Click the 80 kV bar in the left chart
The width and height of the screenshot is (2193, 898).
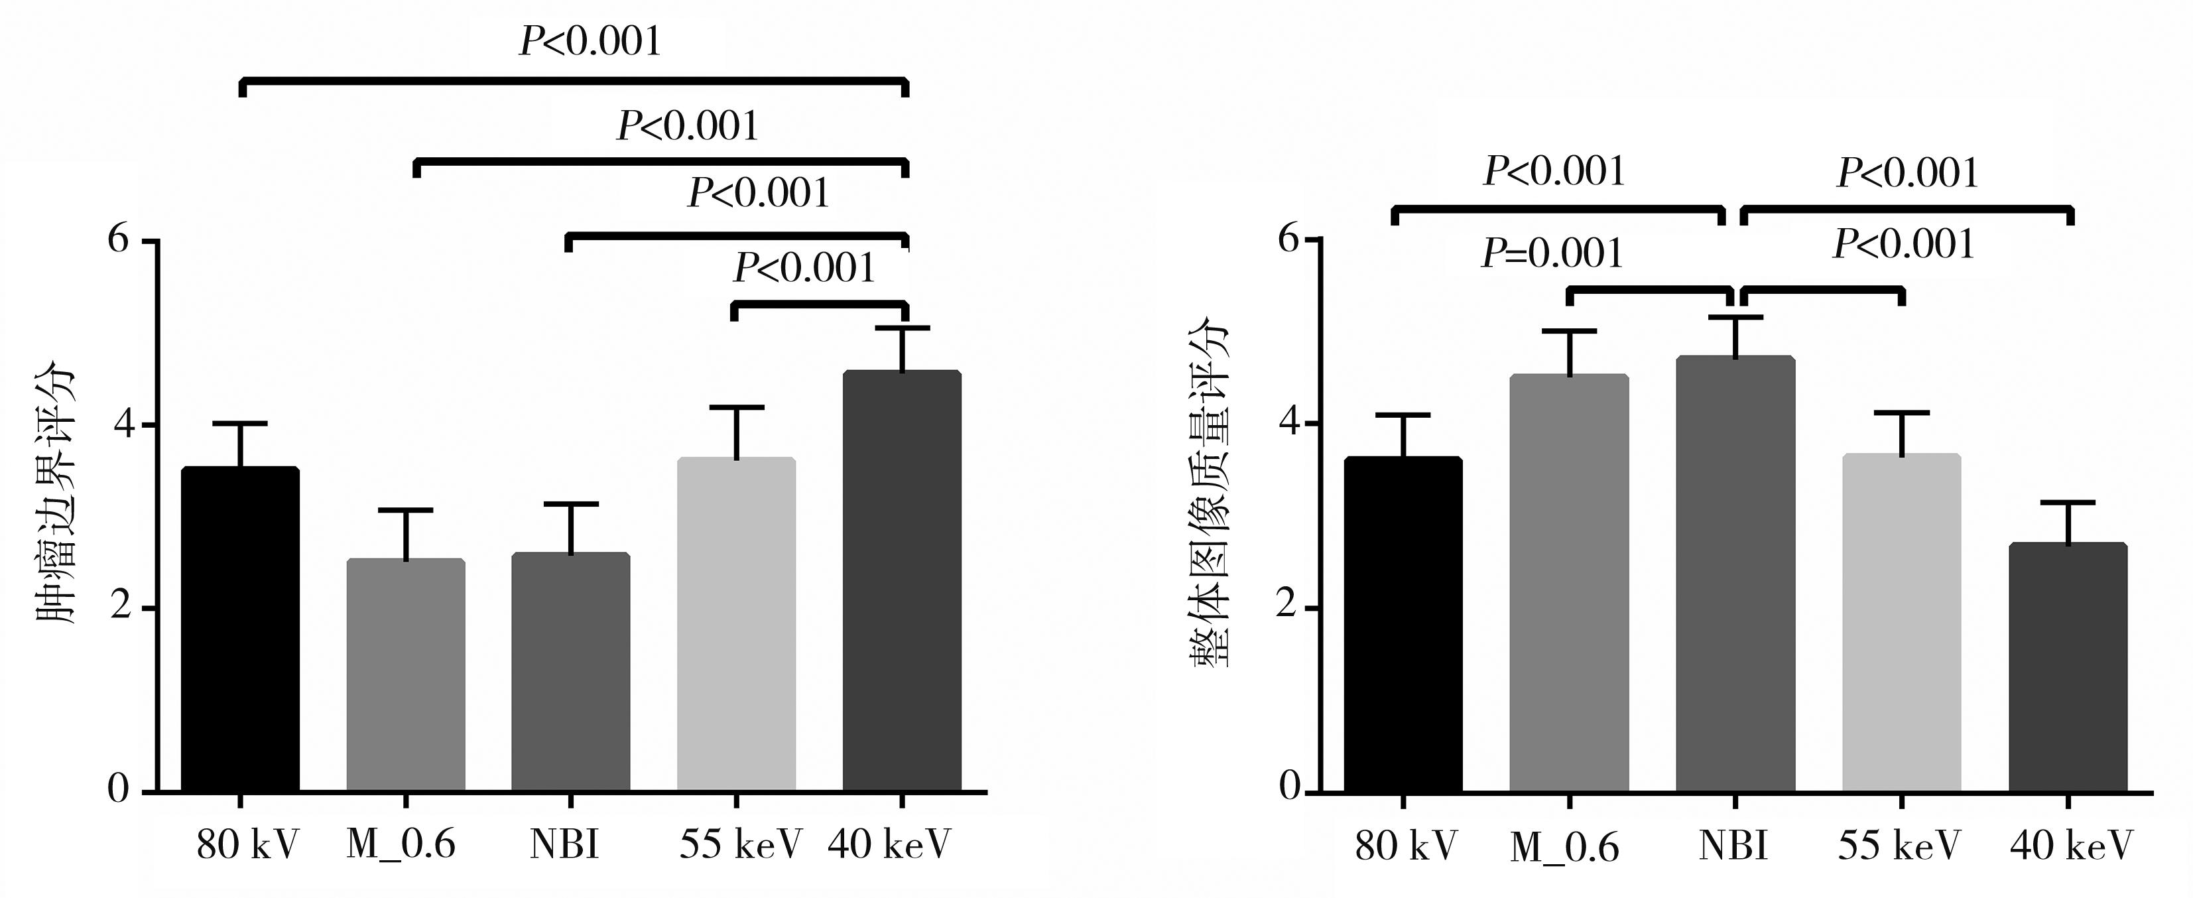click(240, 630)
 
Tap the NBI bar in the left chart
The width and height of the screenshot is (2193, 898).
click(570, 673)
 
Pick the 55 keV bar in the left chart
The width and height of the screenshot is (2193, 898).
click(736, 625)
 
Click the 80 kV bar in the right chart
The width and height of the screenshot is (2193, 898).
click(1403, 625)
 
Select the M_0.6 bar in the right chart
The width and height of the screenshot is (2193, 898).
click(1569, 584)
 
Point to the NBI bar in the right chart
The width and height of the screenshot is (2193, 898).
click(1735, 574)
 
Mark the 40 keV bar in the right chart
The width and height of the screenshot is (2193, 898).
click(2067, 668)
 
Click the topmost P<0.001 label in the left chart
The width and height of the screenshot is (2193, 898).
click(590, 41)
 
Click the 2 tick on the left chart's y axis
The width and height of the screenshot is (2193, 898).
click(119, 608)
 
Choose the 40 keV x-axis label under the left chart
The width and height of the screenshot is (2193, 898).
click(889, 844)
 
